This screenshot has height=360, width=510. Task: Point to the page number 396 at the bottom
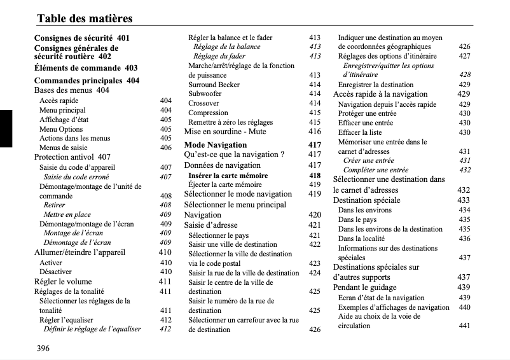pos(43,348)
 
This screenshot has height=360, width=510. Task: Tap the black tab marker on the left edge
pos(6,128)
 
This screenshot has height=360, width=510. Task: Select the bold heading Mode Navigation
pos(215,144)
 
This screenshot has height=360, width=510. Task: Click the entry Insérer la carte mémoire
pos(228,176)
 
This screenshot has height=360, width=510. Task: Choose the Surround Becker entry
pos(214,85)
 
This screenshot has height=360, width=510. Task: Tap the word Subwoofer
pos(205,94)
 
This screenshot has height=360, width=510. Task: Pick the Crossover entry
pos(203,104)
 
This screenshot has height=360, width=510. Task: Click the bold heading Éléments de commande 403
pos(85,68)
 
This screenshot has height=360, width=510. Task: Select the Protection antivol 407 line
pos(72,156)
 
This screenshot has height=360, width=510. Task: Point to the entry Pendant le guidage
pos(365,287)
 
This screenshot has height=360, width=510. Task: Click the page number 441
pos(464,326)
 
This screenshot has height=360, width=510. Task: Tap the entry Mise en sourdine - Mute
pos(225,132)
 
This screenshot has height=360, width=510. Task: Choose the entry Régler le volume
pos(62,281)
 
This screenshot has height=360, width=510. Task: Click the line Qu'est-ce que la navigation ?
pos(234,155)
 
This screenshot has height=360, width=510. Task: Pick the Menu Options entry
pos(61,129)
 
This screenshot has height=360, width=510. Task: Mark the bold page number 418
pos(314,176)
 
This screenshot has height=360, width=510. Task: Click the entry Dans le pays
pos(357,219)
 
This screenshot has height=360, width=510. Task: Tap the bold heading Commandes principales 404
pos(86,81)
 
